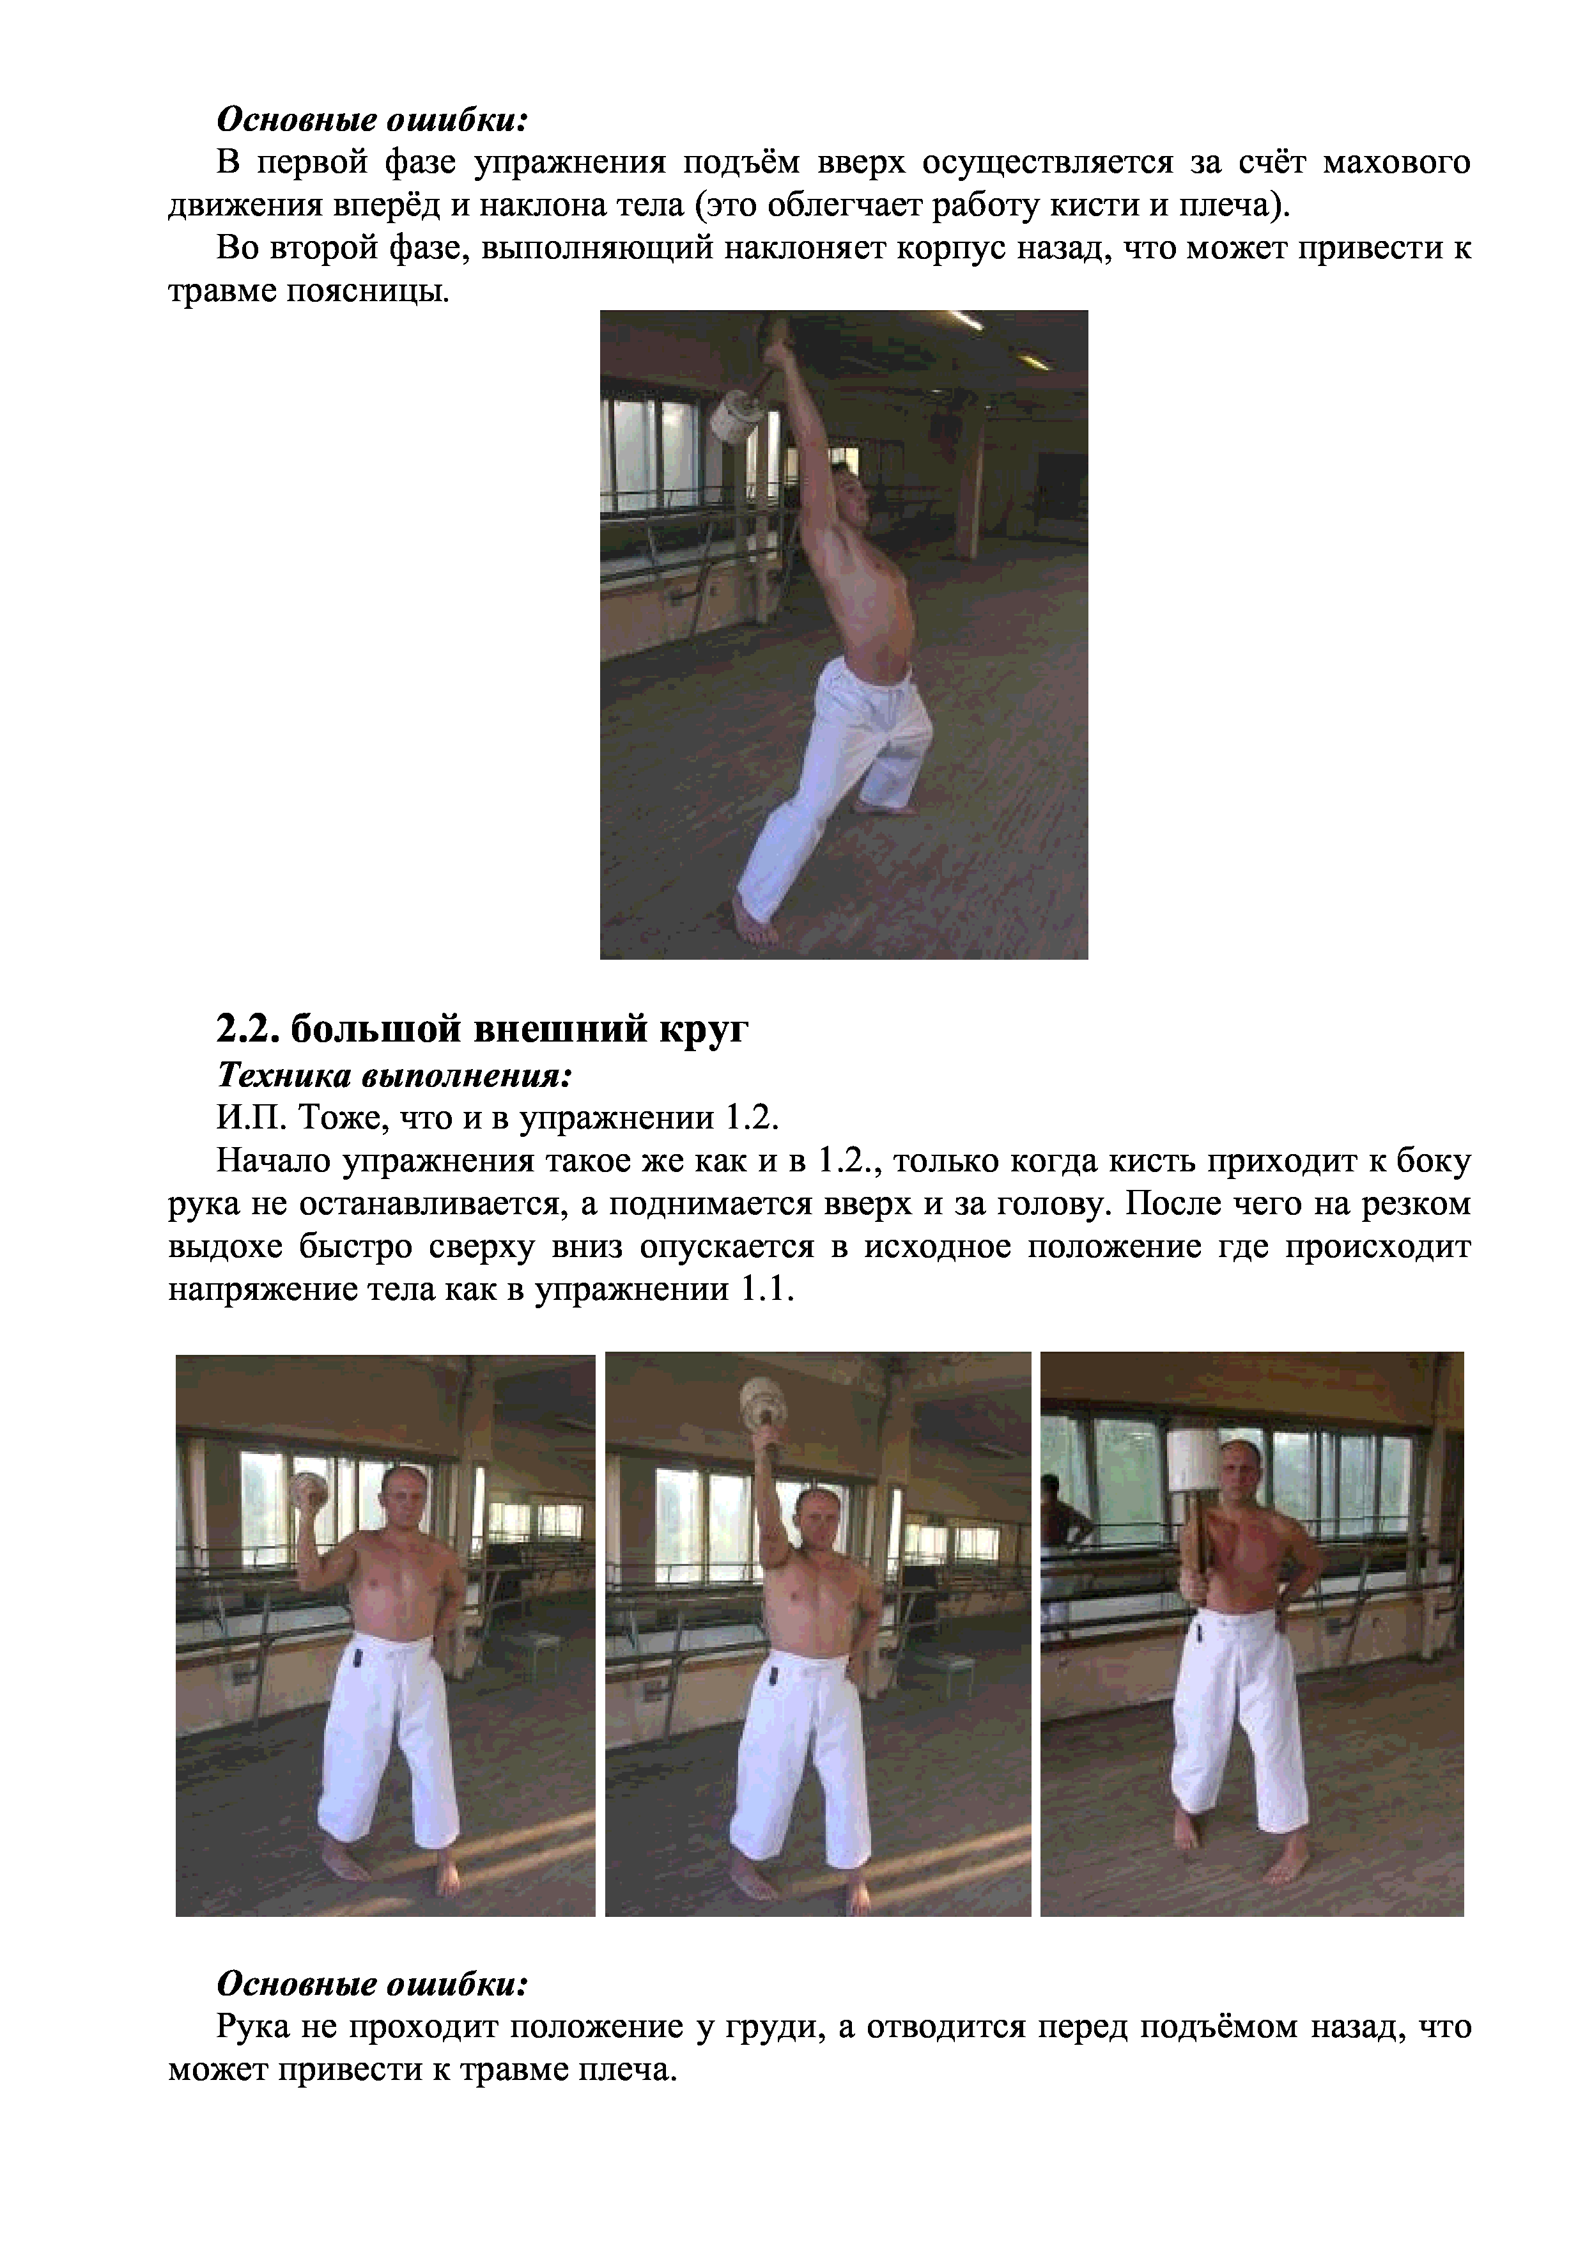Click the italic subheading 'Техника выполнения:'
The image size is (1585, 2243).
(394, 1077)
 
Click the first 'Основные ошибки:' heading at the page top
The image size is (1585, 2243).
(372, 120)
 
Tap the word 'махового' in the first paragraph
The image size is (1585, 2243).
(1396, 163)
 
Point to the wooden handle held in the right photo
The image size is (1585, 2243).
(1193, 1549)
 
